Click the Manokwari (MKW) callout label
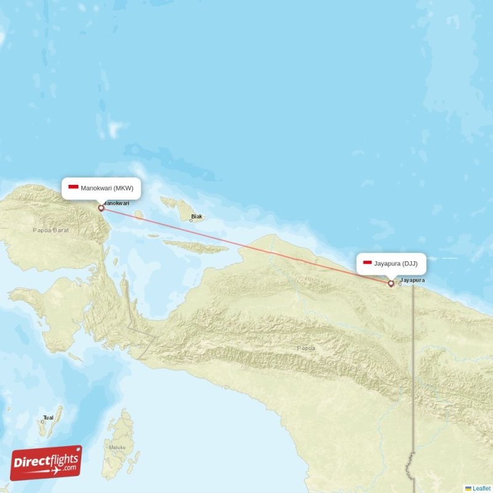[102, 188]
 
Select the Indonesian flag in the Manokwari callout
[73, 188]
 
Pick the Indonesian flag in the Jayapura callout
[367, 263]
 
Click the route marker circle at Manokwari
[101, 208]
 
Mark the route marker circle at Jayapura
[391, 283]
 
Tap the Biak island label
[197, 216]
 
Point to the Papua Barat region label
[51, 230]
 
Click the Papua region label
[306, 348]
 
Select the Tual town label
[48, 418]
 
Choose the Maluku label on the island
[117, 447]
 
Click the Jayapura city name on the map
[412, 280]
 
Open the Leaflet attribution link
[481, 488]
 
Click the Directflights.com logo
[46, 463]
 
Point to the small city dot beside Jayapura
[400, 284]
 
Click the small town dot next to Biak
[191, 220]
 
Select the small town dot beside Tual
[43, 422]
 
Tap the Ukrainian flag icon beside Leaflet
[468, 488]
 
